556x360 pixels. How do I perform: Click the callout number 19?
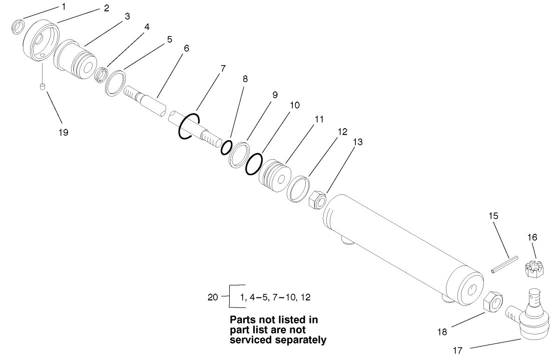[x=63, y=133]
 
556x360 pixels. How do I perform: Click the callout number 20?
[x=213, y=296]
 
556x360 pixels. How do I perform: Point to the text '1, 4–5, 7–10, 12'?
[x=275, y=297]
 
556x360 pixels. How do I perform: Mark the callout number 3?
[x=127, y=17]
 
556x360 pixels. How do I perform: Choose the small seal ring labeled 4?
[x=103, y=75]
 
